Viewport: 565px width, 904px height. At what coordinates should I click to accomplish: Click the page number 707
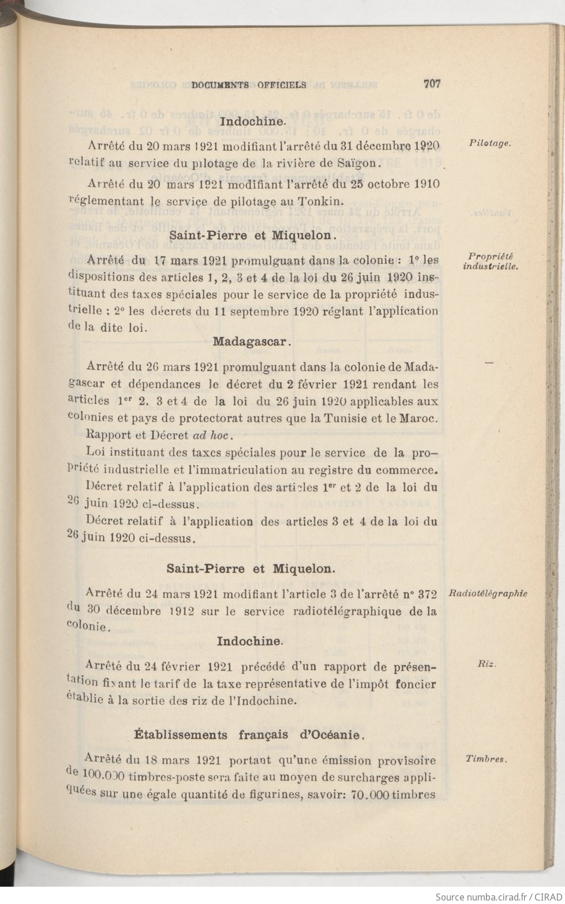(x=432, y=83)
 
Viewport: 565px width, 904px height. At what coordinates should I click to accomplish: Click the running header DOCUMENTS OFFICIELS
(x=249, y=85)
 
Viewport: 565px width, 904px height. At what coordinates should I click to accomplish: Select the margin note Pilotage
(x=490, y=144)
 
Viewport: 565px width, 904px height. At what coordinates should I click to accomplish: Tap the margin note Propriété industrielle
(x=491, y=262)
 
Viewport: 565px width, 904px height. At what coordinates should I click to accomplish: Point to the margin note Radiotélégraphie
(x=488, y=593)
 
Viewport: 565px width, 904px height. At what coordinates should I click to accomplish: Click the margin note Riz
(x=487, y=664)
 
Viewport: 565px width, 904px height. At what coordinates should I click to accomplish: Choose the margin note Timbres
(x=486, y=759)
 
